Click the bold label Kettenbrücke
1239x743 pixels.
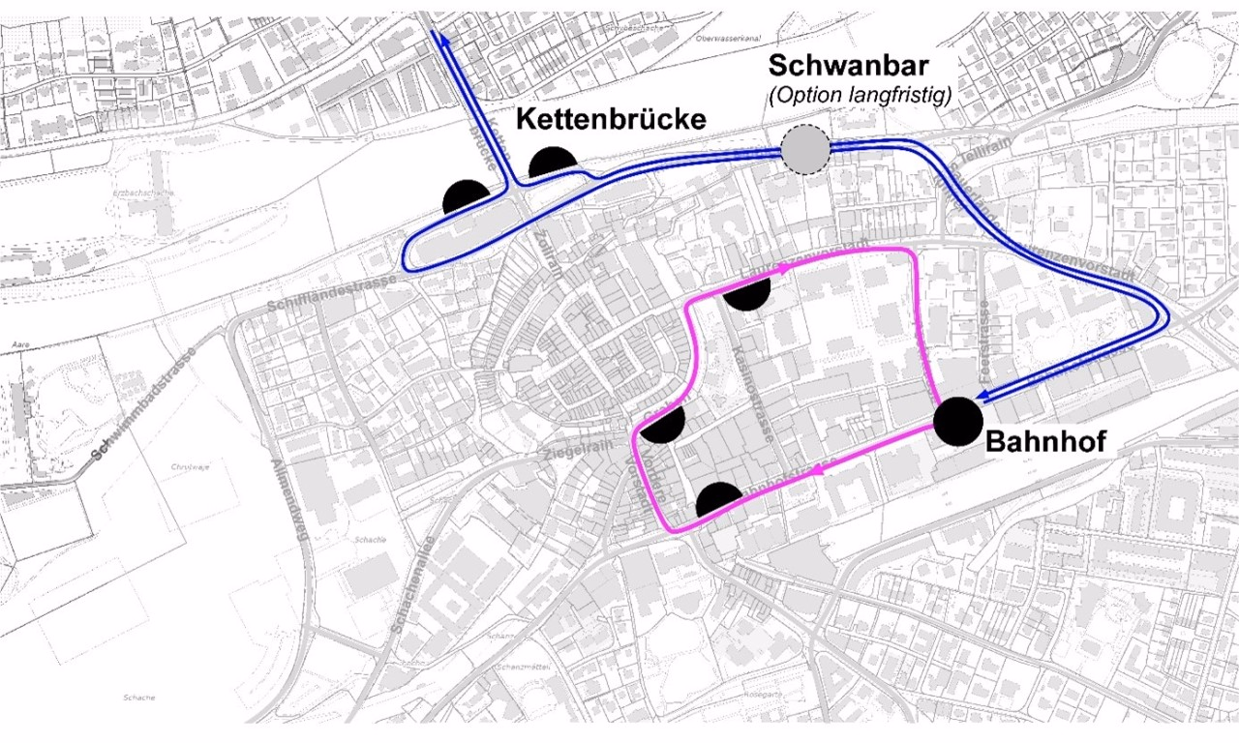(610, 120)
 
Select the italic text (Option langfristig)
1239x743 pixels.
(859, 96)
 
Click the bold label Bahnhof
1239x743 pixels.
(1044, 442)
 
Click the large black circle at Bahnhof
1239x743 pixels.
(958, 422)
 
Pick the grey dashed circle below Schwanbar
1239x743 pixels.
(805, 150)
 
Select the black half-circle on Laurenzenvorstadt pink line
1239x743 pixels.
(746, 293)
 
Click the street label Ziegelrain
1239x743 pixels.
(571, 450)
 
